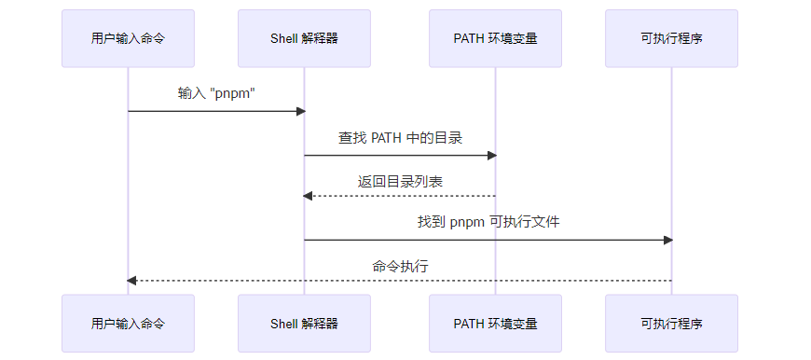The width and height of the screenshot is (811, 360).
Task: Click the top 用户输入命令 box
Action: [128, 38]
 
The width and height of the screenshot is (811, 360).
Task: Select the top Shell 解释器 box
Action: [304, 38]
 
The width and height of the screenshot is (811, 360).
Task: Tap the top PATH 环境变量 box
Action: [495, 38]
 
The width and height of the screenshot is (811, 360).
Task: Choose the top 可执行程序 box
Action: [671, 38]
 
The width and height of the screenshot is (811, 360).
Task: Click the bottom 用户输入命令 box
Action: [128, 324]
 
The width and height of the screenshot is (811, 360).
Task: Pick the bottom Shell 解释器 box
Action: [304, 324]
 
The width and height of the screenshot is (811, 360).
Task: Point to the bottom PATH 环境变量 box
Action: [495, 324]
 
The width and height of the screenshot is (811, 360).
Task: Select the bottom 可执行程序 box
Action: [671, 324]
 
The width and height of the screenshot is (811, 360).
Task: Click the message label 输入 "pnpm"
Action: [216, 93]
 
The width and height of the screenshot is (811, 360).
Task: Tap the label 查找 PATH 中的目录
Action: [400, 137]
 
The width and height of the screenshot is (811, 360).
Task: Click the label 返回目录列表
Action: [400, 180]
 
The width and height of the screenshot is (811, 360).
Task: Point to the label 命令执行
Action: [400, 266]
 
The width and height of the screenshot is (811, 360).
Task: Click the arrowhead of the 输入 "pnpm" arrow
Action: [300, 111]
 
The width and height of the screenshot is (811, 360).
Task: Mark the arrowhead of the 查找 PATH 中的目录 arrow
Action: [491, 155]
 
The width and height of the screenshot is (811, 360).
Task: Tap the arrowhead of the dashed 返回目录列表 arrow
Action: [309, 196]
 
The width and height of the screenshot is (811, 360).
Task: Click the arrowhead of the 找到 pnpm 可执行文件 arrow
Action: [667, 240]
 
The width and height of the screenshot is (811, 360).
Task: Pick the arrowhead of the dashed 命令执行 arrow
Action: [132, 280]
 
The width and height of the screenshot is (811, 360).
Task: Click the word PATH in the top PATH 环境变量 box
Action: [470, 38]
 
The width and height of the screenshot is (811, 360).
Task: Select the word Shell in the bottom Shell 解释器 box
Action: [284, 324]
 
